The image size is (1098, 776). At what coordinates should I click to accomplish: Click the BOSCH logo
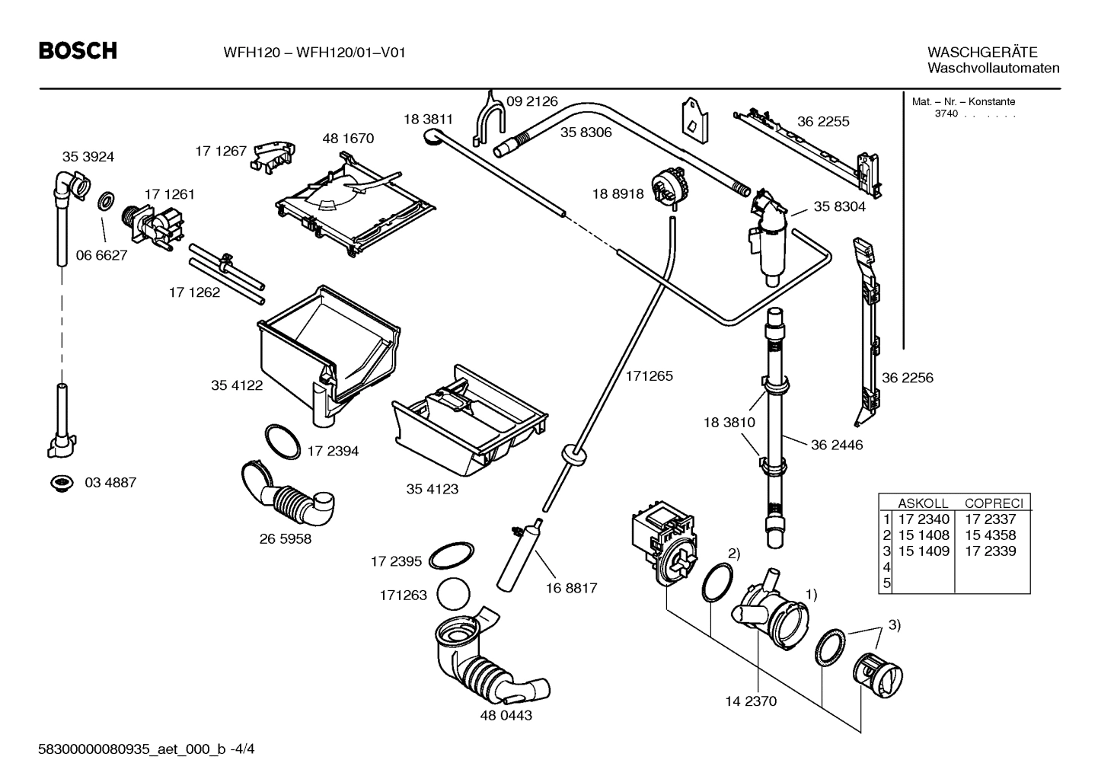coord(78,51)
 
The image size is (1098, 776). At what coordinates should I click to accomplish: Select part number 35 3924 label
coord(88,157)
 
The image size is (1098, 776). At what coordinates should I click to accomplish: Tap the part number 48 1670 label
coord(348,139)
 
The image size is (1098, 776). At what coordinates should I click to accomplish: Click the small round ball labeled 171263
coord(455,594)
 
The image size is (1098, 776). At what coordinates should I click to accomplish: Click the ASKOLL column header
coord(923,503)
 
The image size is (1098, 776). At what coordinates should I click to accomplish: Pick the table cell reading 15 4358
coord(990,535)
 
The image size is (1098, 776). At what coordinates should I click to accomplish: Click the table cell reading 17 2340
coord(924,519)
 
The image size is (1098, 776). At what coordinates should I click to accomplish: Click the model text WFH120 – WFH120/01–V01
coord(314,53)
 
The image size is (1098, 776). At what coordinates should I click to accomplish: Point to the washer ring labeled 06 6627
coord(106,203)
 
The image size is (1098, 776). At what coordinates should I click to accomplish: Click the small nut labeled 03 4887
coord(59,482)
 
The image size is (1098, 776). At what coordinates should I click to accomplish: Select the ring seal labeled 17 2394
coord(282,442)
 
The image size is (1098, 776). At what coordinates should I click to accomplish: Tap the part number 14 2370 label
coord(751,701)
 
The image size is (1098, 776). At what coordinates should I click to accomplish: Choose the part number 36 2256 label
coord(907,378)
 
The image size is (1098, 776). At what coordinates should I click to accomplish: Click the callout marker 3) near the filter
coord(893,625)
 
